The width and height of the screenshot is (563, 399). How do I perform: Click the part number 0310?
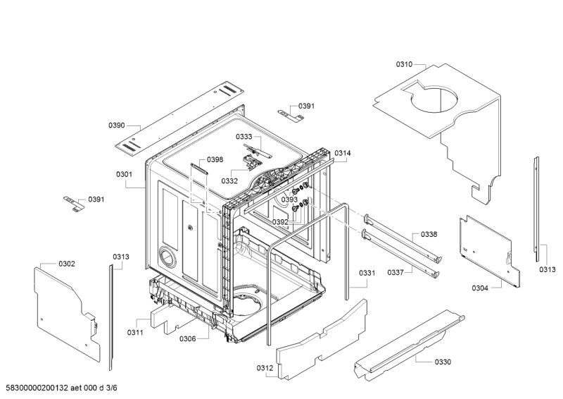(404, 64)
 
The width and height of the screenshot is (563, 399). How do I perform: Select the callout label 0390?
(116, 125)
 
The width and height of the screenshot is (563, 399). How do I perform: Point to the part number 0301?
(124, 174)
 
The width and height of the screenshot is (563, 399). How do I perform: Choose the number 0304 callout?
(481, 287)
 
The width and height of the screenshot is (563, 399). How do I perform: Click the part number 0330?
(443, 362)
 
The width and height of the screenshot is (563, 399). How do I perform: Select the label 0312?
(265, 367)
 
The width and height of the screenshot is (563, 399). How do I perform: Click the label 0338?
(429, 234)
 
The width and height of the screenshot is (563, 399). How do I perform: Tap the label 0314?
(343, 153)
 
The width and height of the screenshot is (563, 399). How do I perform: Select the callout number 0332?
(229, 180)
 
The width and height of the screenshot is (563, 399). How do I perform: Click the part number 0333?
(243, 137)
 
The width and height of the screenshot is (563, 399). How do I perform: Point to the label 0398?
(215, 159)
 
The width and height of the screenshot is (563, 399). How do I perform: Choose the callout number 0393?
(289, 200)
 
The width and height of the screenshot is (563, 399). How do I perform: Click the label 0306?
(187, 339)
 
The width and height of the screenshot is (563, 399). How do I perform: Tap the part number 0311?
(136, 332)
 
